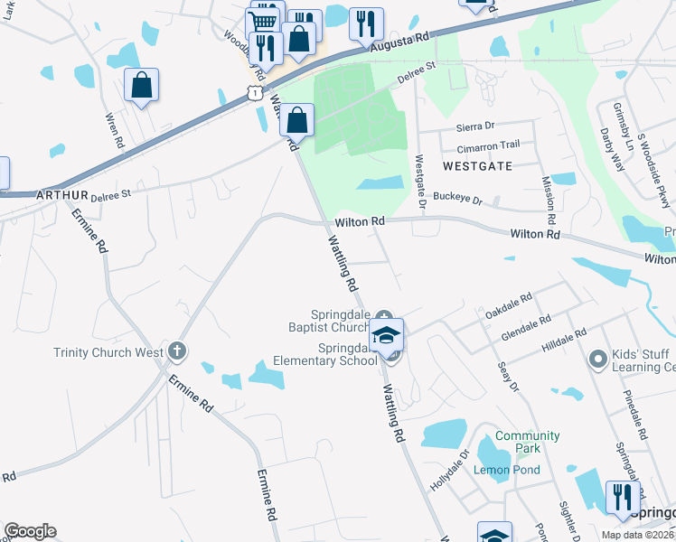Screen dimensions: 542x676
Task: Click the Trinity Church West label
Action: pos(108,352)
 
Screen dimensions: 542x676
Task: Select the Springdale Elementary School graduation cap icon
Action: pos(386,334)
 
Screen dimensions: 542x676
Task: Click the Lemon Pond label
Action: pos(507,470)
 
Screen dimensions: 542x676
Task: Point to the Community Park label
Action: pos(528,442)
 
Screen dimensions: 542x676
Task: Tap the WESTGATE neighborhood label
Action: pos(477,166)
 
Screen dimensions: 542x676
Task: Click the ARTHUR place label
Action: pos(62,194)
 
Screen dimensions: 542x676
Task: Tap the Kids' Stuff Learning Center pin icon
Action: pos(596,360)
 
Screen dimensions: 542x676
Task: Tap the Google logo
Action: pos(30,531)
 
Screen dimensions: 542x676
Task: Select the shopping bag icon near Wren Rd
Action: pos(141,85)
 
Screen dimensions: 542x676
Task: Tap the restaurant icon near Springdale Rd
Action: pos(623,496)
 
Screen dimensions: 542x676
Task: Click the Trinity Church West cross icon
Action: pos(176,351)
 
